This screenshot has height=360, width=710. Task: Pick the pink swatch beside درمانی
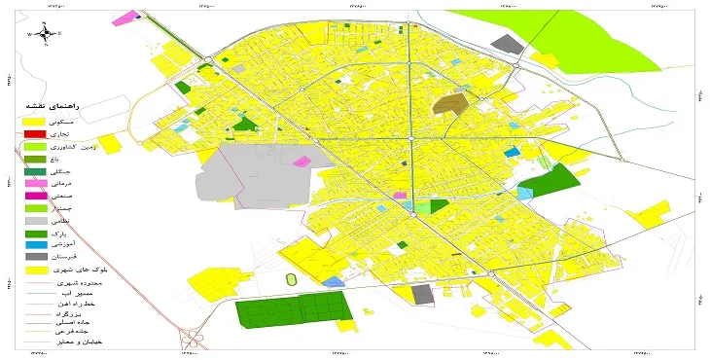(x=35, y=183)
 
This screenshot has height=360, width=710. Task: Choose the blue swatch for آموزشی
(x=35, y=245)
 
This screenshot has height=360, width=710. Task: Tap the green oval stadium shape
(x=291, y=280)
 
